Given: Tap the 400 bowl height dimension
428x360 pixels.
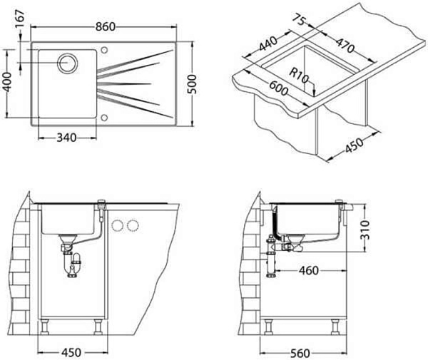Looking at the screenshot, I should coord(8,84).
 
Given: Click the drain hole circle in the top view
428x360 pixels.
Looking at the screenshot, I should coord(70,62).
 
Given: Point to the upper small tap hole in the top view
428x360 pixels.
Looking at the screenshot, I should coord(105,51).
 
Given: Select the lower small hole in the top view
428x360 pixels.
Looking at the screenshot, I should coord(105,116).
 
